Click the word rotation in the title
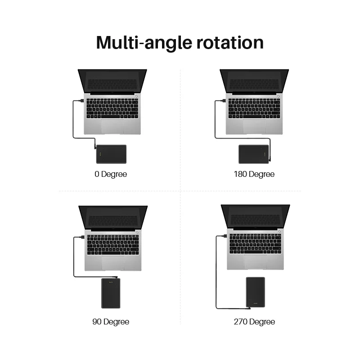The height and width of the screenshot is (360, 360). [x=230, y=43]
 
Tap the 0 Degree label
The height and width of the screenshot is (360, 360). [x=111, y=174]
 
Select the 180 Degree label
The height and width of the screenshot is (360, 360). [x=254, y=174]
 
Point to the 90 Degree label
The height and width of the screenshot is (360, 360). [x=111, y=322]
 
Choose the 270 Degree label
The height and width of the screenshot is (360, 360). [x=254, y=322]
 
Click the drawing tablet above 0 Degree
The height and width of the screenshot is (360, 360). [x=111, y=154]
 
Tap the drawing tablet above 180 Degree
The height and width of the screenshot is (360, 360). [x=254, y=154]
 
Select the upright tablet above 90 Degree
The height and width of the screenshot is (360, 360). [x=111, y=293]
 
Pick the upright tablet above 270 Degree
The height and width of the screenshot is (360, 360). [x=255, y=292]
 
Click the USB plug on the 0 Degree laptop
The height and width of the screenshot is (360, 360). [x=81, y=100]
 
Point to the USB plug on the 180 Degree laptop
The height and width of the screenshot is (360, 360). [x=223, y=100]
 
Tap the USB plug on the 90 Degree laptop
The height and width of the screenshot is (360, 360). [x=82, y=237]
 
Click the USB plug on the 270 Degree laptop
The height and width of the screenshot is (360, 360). [x=224, y=236]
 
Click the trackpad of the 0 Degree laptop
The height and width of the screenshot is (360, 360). [x=112, y=126]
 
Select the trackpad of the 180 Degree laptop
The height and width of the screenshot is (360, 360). [x=254, y=126]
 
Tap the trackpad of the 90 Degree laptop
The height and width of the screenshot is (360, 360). [x=113, y=263]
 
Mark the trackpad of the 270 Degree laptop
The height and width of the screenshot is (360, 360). [x=255, y=262]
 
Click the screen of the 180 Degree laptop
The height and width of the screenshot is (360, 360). [x=254, y=81]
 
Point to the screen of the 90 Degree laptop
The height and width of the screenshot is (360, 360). [x=113, y=218]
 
